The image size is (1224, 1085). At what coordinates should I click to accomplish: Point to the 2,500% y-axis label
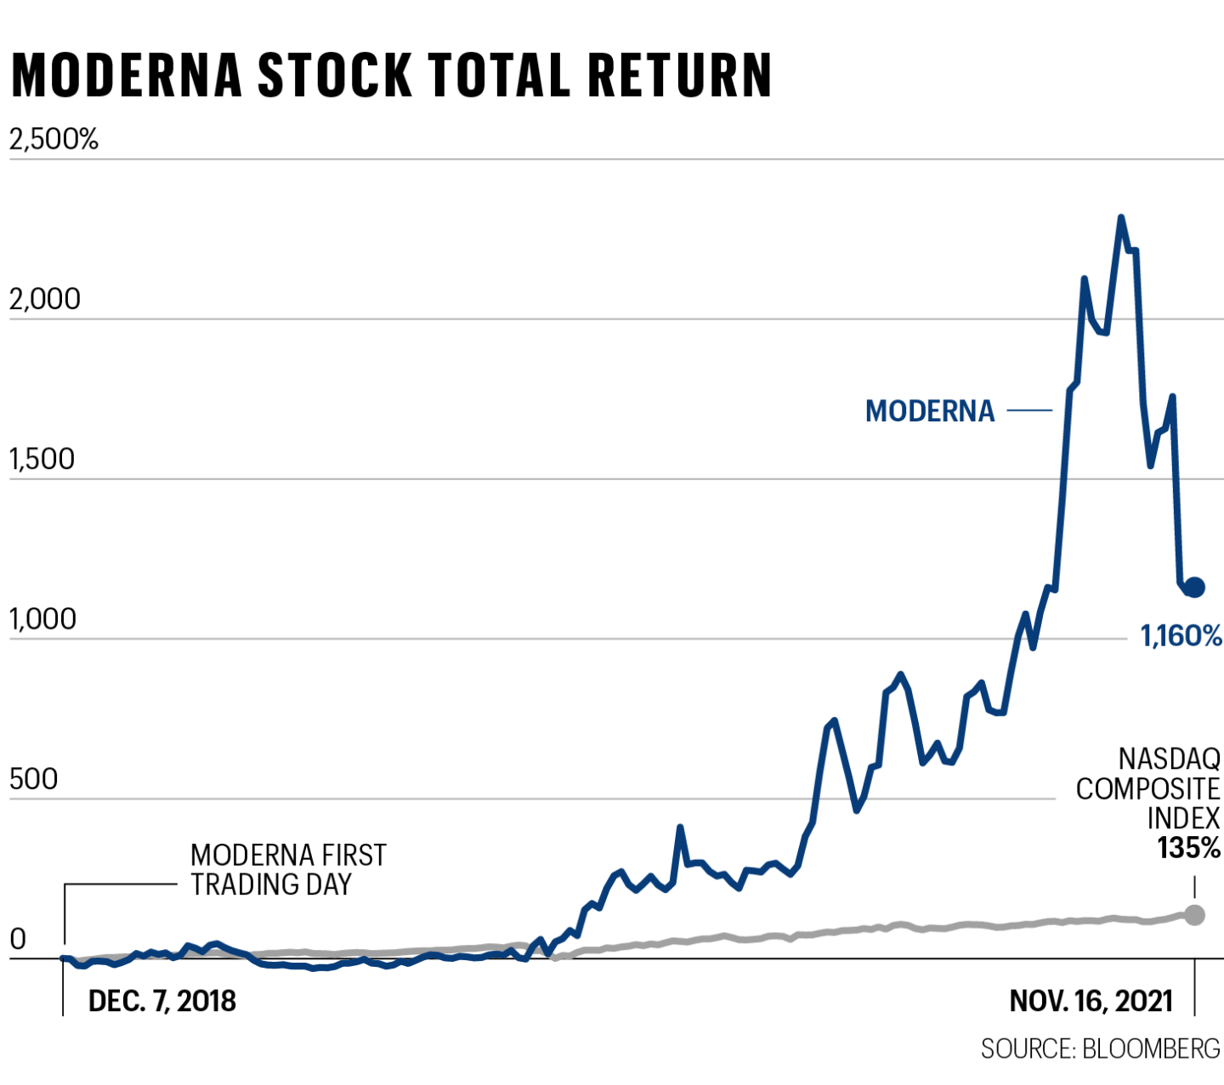point(54,138)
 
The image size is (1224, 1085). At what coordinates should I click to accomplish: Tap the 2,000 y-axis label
point(44,299)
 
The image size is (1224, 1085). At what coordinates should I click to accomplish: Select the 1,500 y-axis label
point(42,459)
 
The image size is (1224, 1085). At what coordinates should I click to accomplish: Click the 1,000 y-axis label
point(42,619)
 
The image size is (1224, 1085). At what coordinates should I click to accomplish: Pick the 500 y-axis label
point(33,779)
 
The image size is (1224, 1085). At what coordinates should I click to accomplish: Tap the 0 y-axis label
point(18,940)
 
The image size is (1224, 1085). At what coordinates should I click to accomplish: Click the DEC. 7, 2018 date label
point(161,1001)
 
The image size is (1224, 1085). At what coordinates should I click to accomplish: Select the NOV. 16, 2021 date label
point(1091,1001)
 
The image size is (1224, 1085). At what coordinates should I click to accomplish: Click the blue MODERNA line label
point(929,411)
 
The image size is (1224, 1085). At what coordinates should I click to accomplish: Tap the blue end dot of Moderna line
point(1194,586)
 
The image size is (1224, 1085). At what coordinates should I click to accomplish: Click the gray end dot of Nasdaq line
point(1194,915)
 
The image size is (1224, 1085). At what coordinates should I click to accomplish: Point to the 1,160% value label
point(1181,636)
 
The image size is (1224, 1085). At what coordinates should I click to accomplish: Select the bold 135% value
point(1188,848)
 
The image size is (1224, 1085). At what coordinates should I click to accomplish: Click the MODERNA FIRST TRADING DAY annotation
point(287,869)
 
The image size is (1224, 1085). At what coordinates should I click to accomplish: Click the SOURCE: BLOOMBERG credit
point(1100,1048)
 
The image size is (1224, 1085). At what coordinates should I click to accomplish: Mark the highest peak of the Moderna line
point(1121,218)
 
